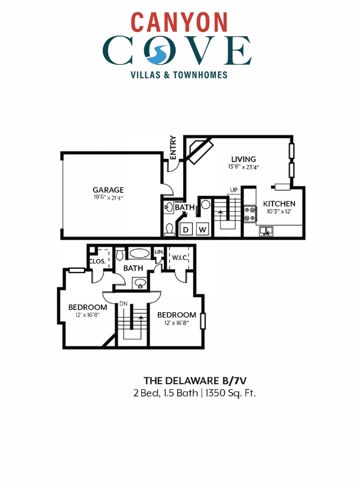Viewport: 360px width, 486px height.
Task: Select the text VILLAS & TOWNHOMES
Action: pos(179,75)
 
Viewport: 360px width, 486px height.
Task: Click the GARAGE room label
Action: pos(108,190)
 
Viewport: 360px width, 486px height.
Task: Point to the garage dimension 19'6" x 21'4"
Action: pos(108,197)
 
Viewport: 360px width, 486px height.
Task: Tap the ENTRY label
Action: pos(173,148)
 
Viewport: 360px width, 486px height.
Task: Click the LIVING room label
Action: pos(243,159)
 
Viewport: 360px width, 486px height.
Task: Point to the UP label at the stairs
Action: pos(233,190)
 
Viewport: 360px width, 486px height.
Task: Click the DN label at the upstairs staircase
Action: pos(123,303)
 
